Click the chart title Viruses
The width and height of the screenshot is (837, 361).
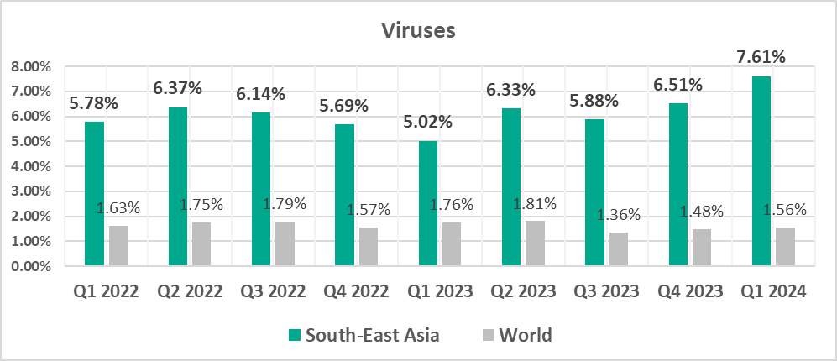(x=418, y=31)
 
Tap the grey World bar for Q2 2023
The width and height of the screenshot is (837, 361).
(x=535, y=244)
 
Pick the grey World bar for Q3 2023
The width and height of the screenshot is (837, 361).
(x=618, y=249)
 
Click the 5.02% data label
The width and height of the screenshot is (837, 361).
(x=427, y=122)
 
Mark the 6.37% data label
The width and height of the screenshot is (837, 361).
(x=176, y=88)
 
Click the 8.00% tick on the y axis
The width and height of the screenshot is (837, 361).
(x=32, y=66)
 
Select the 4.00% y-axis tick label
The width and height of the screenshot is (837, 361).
(x=32, y=166)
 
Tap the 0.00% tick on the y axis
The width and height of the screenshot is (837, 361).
(x=32, y=267)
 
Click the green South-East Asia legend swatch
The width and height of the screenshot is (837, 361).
(x=294, y=336)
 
